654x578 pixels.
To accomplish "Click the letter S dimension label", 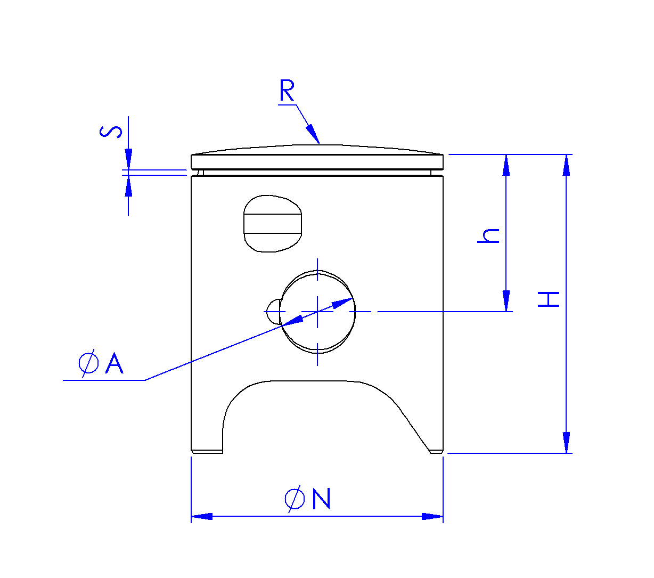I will coord(111,132).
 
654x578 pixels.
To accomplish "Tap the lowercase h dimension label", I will coord(489,235).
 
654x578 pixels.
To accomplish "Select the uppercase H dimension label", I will coord(549,299).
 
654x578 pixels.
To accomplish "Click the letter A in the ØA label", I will coord(115,364).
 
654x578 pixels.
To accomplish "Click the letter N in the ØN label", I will coord(322,499).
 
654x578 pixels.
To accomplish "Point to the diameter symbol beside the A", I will coord(88,364).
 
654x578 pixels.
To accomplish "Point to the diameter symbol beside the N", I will coord(295,499).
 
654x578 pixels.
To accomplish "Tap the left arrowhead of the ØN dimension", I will coord(202,516).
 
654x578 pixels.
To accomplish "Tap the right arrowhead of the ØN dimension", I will coord(432,516).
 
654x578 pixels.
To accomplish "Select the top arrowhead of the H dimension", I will coord(566,165).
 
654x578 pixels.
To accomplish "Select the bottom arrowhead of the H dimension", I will coord(566,443).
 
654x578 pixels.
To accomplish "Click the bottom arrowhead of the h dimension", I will coord(506,301).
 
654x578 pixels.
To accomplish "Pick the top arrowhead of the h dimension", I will coord(506,165).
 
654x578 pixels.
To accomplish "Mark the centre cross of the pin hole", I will coord(318,312).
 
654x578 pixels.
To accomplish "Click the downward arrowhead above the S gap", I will coord(128,159).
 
